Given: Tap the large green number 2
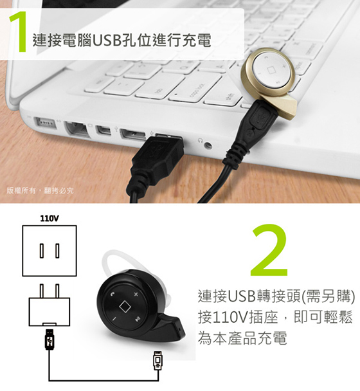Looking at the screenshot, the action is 269,250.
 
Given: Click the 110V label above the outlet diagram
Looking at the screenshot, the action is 50,219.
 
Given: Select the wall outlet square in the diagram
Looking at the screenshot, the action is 50,251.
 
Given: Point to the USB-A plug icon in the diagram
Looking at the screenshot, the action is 50,339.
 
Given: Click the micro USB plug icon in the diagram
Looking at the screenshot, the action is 157,361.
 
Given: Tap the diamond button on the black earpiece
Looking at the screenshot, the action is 125,306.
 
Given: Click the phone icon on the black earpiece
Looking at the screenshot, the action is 113,293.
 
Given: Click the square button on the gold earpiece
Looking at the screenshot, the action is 271,70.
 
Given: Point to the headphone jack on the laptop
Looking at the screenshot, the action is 208,145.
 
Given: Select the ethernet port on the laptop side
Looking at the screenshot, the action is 76,129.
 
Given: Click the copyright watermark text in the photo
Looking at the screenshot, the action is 40,190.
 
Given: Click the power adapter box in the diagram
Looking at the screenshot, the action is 50,311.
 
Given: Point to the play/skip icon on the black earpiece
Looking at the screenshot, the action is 137,320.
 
